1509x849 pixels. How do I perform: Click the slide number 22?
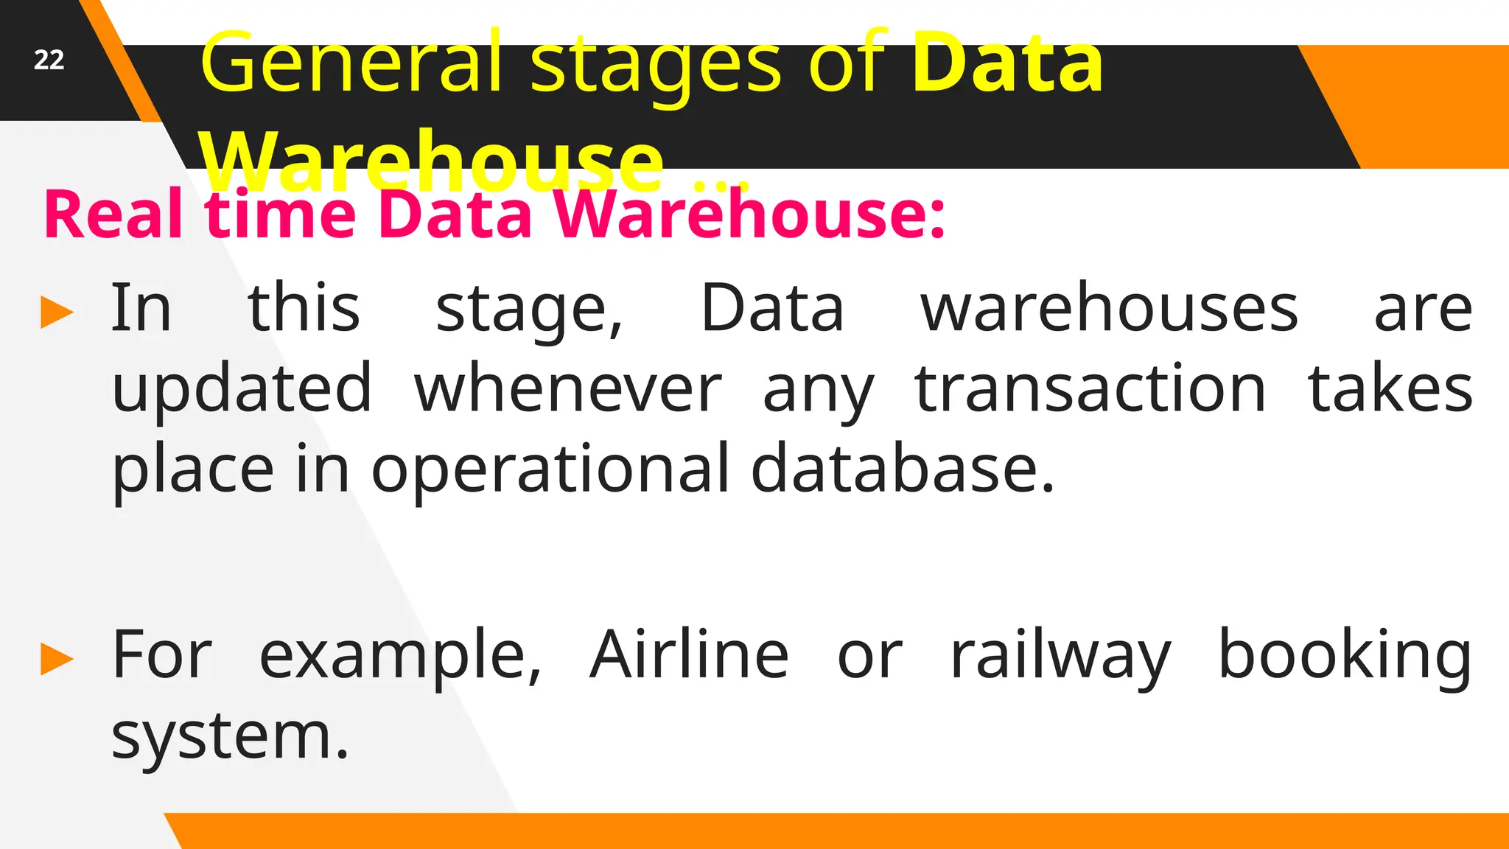coord(49,60)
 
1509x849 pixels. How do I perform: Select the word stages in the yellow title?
coord(655,66)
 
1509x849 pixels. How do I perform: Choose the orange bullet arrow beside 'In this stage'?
coord(57,312)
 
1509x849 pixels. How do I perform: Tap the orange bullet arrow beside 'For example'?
coord(57,658)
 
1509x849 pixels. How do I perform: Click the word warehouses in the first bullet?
coord(1109,309)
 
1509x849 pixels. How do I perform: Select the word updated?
coord(242,389)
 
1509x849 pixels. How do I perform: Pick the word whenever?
coord(567,389)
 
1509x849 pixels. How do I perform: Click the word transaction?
coord(1090,389)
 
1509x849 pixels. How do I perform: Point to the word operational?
coord(550,469)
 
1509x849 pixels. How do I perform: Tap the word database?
coord(903,469)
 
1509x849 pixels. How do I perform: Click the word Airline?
coord(689,654)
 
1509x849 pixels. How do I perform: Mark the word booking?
coord(1344,656)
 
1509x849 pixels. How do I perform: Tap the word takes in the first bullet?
coord(1390,389)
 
